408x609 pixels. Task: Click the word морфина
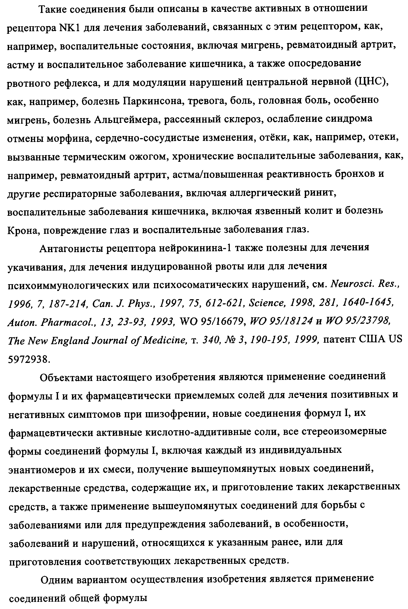pos(68,139)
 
